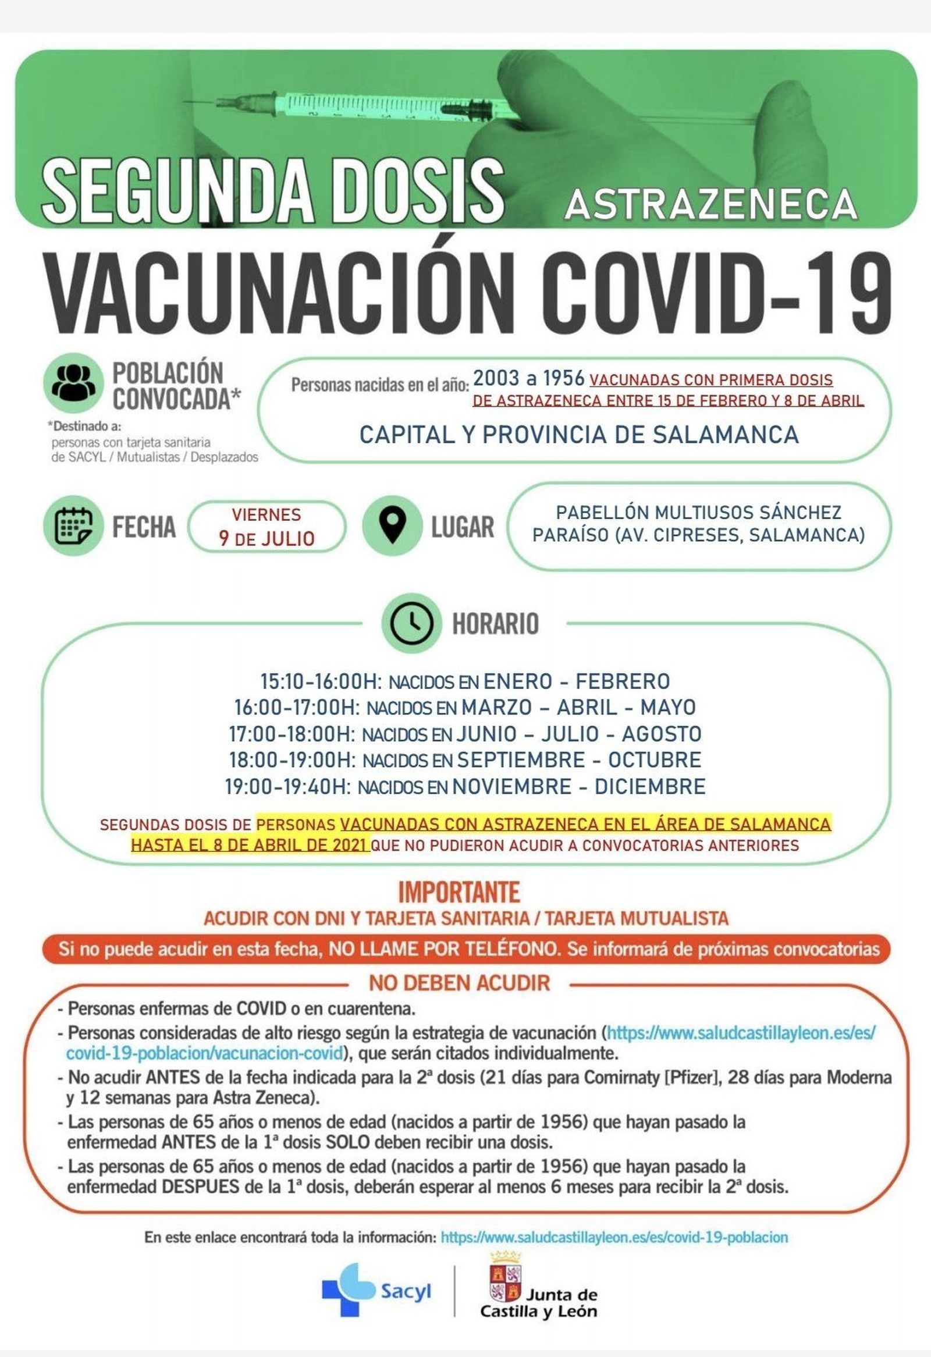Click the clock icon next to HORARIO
click(411, 623)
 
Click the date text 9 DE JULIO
click(266, 538)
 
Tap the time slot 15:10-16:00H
click(321, 681)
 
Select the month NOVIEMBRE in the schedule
click(511, 786)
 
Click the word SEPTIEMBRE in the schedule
click(521, 759)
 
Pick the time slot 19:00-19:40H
click(288, 786)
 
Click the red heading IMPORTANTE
click(459, 892)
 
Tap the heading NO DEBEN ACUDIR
click(459, 983)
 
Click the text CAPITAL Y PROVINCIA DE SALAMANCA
click(578, 435)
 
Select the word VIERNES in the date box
click(266, 514)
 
